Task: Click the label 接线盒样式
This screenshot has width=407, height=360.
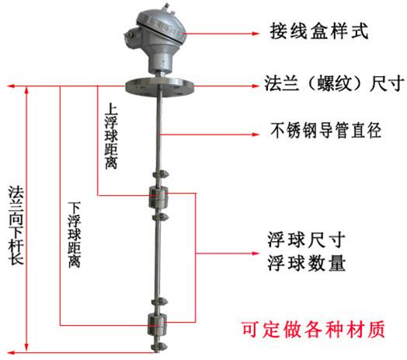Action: click(x=319, y=31)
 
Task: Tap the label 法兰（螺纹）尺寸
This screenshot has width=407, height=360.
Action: click(x=334, y=83)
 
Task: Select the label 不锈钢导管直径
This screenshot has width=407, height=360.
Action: click(x=325, y=130)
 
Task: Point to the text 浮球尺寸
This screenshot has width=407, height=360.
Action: click(x=307, y=239)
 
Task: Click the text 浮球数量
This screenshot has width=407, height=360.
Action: click(x=307, y=263)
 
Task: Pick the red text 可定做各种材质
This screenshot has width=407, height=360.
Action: click(x=313, y=330)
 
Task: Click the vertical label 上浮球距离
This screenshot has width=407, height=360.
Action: click(x=111, y=136)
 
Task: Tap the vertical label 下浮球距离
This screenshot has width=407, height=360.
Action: click(x=75, y=235)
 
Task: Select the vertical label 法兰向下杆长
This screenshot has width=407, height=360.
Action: click(x=16, y=225)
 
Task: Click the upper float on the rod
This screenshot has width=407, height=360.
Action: click(x=158, y=197)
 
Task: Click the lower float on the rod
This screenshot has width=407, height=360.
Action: click(x=157, y=324)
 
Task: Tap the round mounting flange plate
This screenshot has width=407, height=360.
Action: click(x=160, y=86)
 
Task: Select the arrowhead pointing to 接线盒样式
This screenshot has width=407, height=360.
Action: click(x=256, y=33)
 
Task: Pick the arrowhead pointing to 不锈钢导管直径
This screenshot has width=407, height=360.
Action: click(x=256, y=135)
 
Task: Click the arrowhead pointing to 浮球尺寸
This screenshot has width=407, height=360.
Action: click(x=256, y=253)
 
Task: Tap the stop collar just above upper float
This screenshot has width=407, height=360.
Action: click(x=161, y=174)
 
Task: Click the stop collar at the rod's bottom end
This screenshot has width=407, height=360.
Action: click(x=158, y=347)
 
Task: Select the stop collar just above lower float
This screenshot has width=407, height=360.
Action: click(x=159, y=302)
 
